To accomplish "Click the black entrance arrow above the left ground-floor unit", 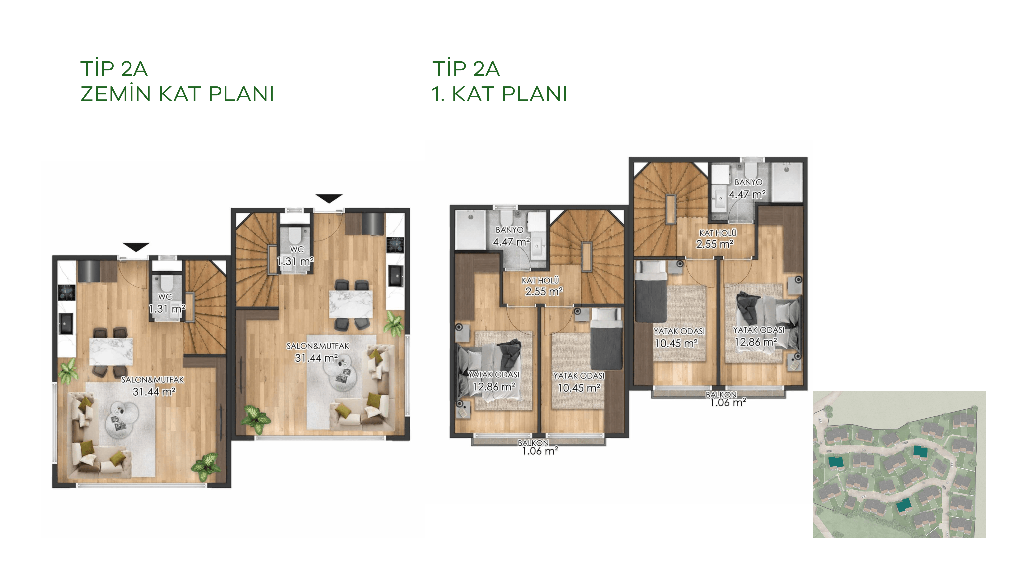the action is (x=136, y=247).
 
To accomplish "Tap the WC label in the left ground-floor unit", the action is (x=165, y=297).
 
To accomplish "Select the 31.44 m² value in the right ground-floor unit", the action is (x=316, y=358).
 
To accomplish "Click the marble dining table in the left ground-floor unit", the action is (x=111, y=351).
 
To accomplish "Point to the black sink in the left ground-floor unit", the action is (x=66, y=323).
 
